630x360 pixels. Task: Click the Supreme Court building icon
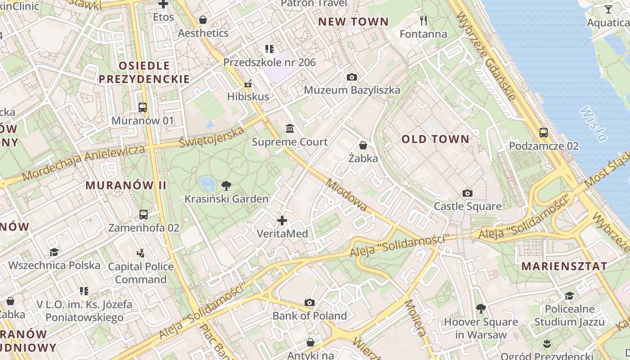click(290, 129)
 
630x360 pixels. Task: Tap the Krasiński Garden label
click(226, 199)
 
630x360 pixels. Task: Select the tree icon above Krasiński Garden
click(226, 185)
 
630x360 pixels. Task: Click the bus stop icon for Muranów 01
click(143, 108)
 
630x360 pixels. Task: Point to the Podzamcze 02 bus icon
click(544, 133)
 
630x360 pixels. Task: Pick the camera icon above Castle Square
click(468, 193)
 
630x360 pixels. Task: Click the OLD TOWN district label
click(435, 139)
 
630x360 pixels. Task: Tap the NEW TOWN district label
click(353, 22)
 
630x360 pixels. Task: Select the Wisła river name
click(593, 123)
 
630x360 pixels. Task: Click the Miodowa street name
click(346, 195)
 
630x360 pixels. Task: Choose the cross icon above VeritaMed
click(282, 220)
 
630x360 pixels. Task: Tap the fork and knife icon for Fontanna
click(423, 20)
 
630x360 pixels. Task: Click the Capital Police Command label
click(140, 273)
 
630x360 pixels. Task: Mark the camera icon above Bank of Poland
click(309, 302)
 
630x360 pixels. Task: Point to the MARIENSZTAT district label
click(564, 266)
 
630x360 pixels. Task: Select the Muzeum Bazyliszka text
click(352, 90)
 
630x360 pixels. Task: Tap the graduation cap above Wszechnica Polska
click(54, 252)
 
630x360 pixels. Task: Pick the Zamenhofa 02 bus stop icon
click(144, 215)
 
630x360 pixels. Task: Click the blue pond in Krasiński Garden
click(207, 183)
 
